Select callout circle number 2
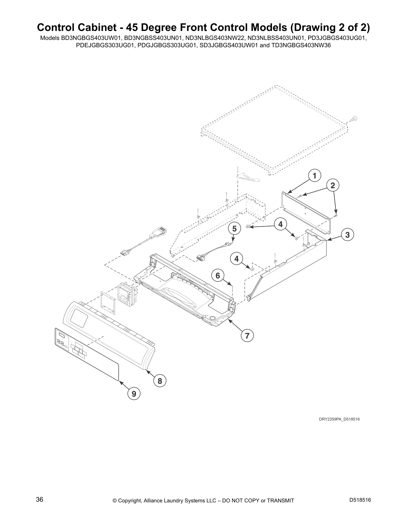[333, 186]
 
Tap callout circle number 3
[347, 235]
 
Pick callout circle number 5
[234, 229]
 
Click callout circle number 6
[218, 275]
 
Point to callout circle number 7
[247, 336]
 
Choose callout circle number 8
[160, 381]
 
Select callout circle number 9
[134, 394]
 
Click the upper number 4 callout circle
[281, 224]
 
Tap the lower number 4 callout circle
[236, 259]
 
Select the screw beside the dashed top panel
[354, 118]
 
